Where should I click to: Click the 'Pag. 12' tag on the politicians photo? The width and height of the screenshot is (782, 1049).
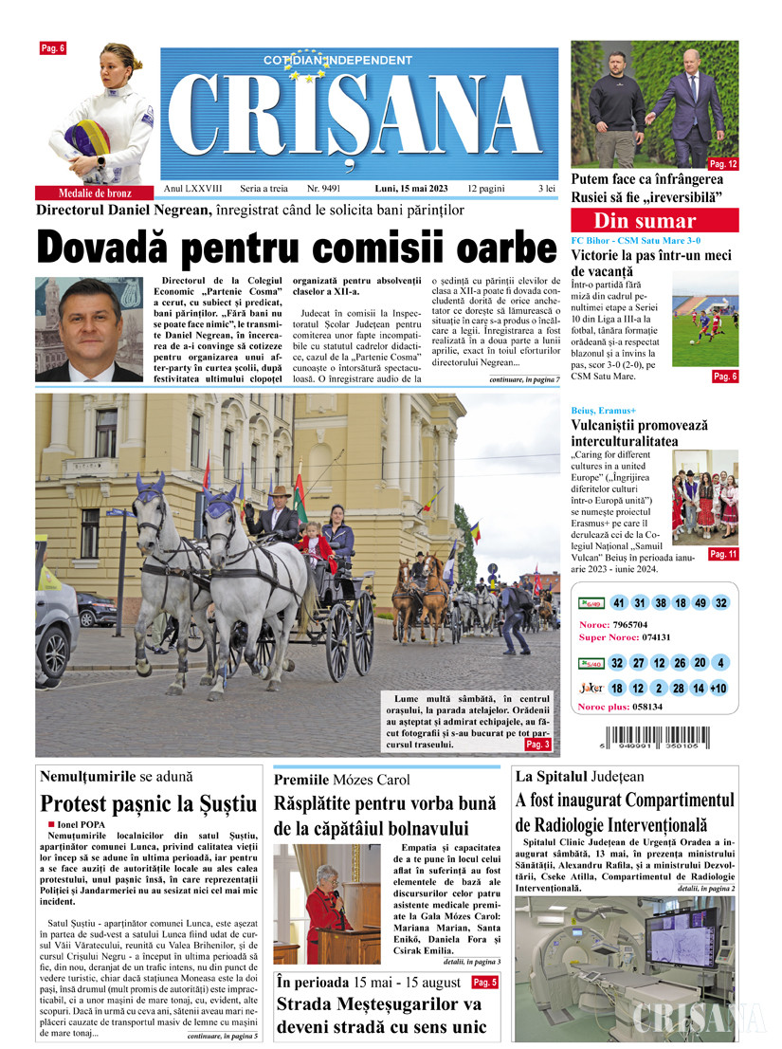[723, 164]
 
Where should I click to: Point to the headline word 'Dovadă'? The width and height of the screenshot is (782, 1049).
[105, 248]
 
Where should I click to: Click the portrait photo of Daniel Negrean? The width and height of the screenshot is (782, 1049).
[88, 329]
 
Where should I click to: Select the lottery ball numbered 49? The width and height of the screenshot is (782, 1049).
[700, 603]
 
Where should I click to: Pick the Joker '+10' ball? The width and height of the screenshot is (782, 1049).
[718, 689]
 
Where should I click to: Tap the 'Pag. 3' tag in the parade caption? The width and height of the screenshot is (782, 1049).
[537, 745]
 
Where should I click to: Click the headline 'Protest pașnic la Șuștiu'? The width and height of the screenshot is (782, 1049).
[149, 804]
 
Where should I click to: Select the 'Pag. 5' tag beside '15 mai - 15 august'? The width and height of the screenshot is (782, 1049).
[483, 982]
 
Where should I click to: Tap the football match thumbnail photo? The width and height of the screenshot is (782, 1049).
[704, 319]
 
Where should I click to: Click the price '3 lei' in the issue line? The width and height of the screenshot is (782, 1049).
[546, 189]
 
